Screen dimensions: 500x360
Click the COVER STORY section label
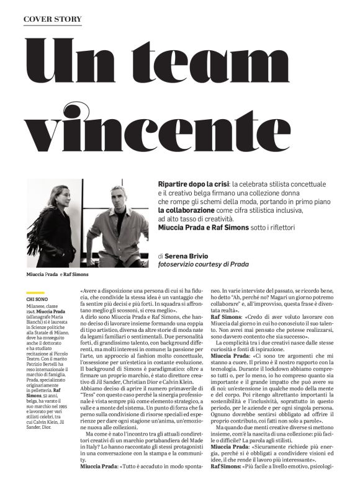tap(52, 19)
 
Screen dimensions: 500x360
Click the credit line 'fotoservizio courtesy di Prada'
tap(204, 264)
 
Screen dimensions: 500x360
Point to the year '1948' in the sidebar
tap(32, 311)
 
